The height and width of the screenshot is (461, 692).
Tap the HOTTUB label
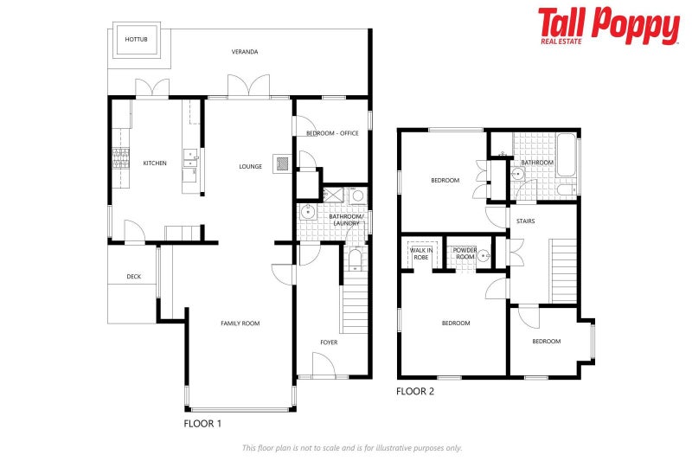pos(135,40)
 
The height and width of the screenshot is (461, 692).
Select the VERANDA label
pos(245,52)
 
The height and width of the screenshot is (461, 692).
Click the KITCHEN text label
pos(155,163)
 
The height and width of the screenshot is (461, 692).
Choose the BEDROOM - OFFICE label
pos(332,133)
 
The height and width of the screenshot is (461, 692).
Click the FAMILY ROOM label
pos(240,323)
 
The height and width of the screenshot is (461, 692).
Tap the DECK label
pos(133,277)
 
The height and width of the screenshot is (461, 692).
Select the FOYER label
pos(329,343)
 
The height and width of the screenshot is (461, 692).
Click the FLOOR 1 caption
pos(203,424)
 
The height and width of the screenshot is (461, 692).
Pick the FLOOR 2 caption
pos(415,392)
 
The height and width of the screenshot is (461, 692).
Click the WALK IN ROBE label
pos(420,253)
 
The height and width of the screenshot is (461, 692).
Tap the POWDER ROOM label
pos(465,253)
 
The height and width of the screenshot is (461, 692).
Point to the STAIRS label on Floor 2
pos(525,221)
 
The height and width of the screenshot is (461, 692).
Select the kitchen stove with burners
pos(119,158)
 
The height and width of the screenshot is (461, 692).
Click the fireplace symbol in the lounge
pos(281,163)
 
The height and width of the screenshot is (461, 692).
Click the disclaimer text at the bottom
pos(351,447)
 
